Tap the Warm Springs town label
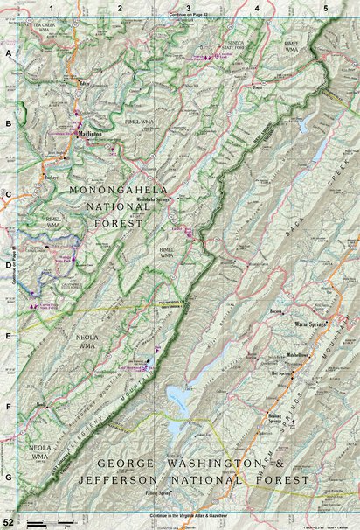(309, 323)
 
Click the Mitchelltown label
(300, 356)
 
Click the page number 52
(7, 522)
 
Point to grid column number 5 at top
(325, 8)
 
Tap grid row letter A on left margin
(8, 53)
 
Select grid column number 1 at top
(52, 8)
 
